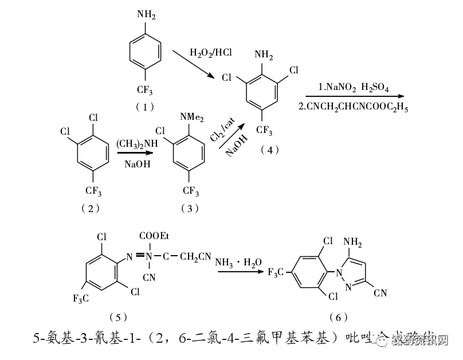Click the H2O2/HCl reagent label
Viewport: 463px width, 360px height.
point(210,53)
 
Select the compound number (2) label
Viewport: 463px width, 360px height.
point(90,208)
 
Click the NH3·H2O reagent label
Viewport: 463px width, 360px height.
point(238,263)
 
